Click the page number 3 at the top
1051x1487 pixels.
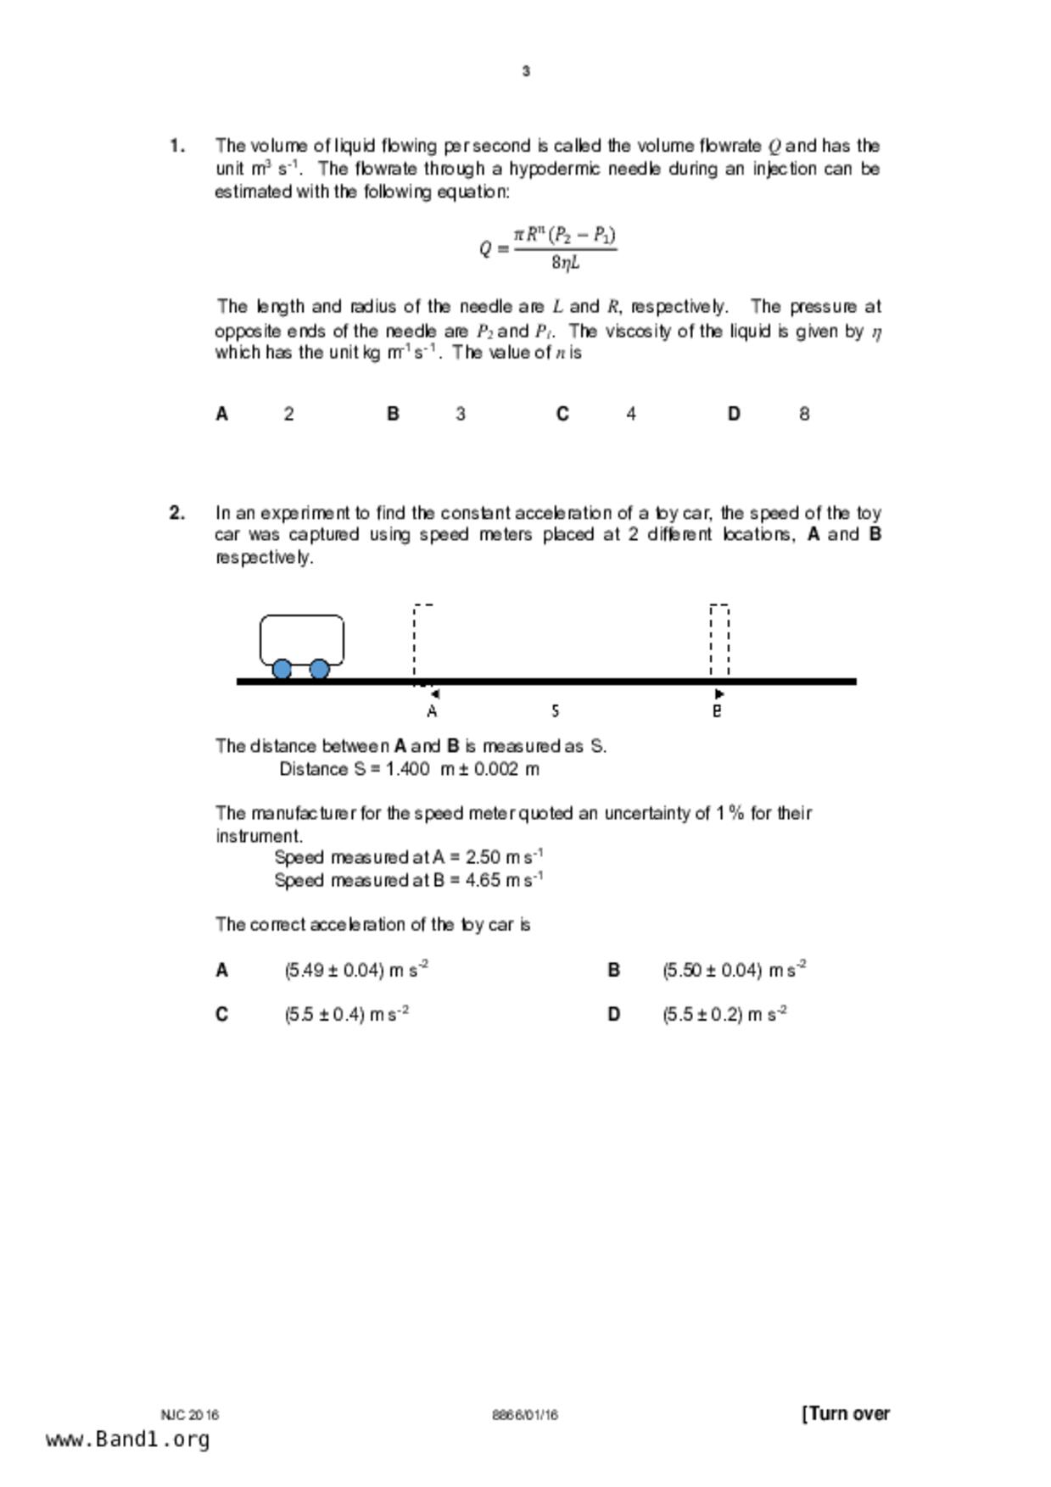pyautogui.click(x=526, y=71)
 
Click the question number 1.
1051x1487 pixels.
pyautogui.click(x=177, y=146)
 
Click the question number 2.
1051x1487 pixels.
pyautogui.click(x=177, y=513)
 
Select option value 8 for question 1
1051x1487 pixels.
pyautogui.click(x=804, y=414)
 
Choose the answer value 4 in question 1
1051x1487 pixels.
pyautogui.click(x=631, y=414)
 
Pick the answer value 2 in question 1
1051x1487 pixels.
pyautogui.click(x=289, y=414)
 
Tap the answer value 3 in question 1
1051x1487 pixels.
pyautogui.click(x=461, y=414)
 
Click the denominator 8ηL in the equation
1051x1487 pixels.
pyautogui.click(x=566, y=263)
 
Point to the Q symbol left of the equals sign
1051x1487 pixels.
pyautogui.click(x=485, y=249)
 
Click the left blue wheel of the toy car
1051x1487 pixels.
pyautogui.click(x=282, y=670)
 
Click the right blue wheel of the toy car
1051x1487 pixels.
pyautogui.click(x=319, y=670)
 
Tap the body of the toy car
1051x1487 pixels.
pyautogui.click(x=301, y=638)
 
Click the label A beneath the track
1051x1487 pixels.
pyautogui.click(x=432, y=711)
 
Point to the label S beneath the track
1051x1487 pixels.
pyautogui.click(x=555, y=710)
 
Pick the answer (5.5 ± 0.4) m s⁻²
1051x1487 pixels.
pyautogui.click(x=346, y=1015)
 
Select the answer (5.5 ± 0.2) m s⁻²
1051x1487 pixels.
pyautogui.click(x=724, y=1015)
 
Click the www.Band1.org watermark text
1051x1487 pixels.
pyautogui.click(x=127, y=1440)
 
